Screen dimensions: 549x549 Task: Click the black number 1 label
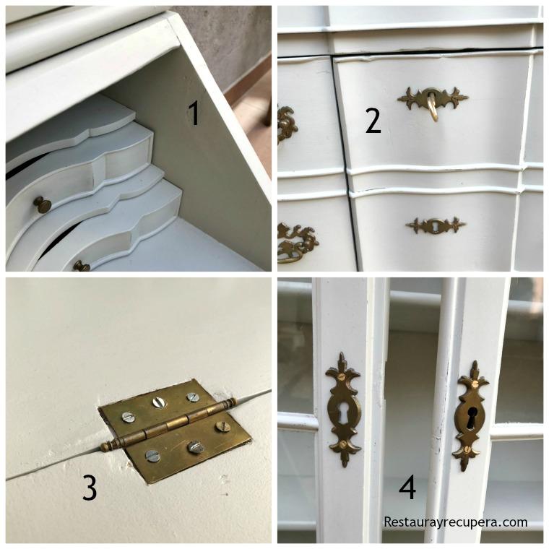[x=193, y=113]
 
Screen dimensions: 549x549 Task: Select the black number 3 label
[x=89, y=488]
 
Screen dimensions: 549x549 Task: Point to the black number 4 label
[x=407, y=488]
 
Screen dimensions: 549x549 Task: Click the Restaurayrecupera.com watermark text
[x=455, y=522]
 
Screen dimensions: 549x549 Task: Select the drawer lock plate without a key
[x=435, y=225]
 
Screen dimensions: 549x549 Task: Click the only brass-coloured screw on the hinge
[x=223, y=426]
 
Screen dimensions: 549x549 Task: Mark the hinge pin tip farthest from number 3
[x=233, y=401]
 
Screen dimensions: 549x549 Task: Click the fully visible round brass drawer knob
[x=43, y=204]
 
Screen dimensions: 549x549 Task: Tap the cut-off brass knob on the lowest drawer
[x=81, y=267]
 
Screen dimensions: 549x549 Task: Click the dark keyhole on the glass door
[x=471, y=418]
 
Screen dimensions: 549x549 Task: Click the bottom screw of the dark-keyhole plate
[x=467, y=449]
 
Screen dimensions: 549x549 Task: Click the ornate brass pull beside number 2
[x=286, y=124]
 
